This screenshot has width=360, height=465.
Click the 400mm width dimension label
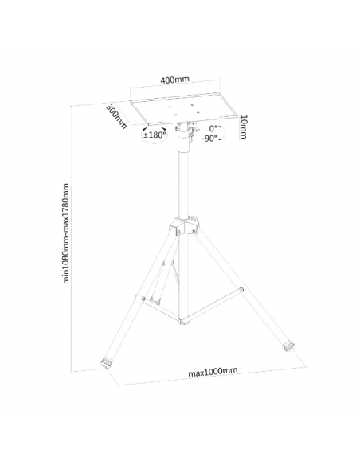click(174, 80)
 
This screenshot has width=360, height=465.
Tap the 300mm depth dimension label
click(116, 116)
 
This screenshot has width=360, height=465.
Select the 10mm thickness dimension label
click(243, 127)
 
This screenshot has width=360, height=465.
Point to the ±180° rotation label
click(155, 135)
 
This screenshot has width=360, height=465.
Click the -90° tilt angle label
click(209, 139)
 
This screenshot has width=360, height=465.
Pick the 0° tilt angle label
click(213, 129)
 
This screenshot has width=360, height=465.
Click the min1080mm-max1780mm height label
click(66, 233)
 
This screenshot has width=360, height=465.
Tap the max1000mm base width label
click(213, 372)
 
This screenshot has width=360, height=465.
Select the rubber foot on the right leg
click(288, 346)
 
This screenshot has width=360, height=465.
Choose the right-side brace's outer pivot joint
click(242, 289)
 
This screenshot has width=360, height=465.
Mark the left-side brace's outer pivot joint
click(143, 299)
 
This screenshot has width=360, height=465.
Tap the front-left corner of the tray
click(148, 124)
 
